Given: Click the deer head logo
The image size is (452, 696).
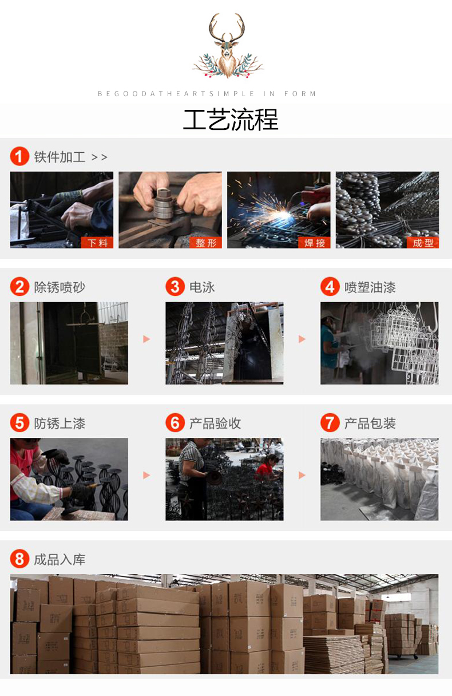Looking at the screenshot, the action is click(x=228, y=45).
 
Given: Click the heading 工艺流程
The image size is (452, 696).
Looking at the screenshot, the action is click(x=231, y=120).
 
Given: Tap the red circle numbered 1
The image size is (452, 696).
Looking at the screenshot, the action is click(x=19, y=156).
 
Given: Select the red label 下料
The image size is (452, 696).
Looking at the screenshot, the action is click(x=97, y=243).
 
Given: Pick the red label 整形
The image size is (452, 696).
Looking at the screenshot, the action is click(x=205, y=243).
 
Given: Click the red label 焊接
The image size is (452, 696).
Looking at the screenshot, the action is click(x=314, y=243).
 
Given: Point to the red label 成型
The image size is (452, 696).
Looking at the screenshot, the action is click(x=423, y=243).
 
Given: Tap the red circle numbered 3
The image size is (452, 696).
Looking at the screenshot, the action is click(x=175, y=287).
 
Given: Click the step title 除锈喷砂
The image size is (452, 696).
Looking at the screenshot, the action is click(x=60, y=287).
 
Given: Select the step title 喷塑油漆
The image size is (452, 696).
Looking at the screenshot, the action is click(x=370, y=287).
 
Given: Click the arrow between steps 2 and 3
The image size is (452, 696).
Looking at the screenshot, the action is click(x=146, y=339).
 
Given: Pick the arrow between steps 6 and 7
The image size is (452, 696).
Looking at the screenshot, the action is click(x=302, y=475).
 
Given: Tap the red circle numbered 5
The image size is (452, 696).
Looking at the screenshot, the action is click(x=19, y=422).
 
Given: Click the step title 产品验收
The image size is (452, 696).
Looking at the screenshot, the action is click(x=215, y=423).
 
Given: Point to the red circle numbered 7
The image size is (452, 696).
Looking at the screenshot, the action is click(x=330, y=422).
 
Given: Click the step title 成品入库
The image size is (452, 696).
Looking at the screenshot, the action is click(x=60, y=560).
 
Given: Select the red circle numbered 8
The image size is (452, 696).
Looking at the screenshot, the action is click(x=19, y=559).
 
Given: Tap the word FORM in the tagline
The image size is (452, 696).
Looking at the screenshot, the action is click(x=300, y=93).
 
